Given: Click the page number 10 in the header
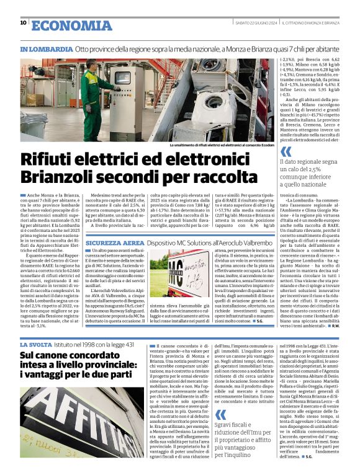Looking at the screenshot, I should coord(23,24).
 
